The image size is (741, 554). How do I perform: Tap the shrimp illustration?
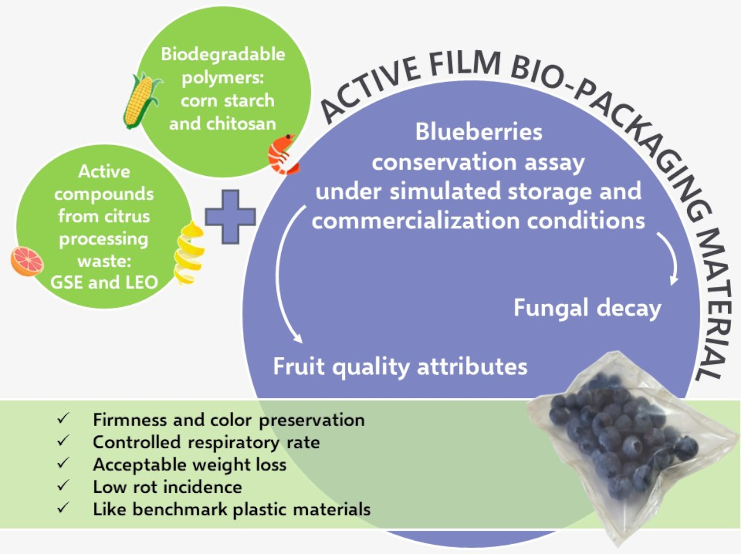click(283, 154)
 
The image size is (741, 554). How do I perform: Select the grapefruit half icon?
click(27, 261)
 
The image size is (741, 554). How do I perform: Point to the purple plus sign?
click(230, 217)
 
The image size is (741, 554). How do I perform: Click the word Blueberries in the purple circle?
click(478, 132)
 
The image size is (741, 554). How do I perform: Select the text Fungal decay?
click(587, 308)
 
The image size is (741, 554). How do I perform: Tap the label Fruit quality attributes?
click(400, 367)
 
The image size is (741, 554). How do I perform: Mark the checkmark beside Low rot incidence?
click(63, 486)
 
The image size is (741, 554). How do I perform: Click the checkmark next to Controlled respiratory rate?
click(63, 441)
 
